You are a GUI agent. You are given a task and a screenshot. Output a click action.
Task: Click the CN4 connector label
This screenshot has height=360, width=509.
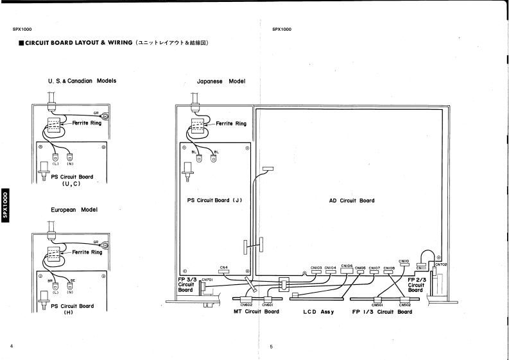click(224, 267)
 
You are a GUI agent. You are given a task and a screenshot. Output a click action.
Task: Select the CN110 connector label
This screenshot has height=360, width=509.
click(404, 261)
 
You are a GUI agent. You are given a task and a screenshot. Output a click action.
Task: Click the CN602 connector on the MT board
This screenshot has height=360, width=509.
click(246, 304)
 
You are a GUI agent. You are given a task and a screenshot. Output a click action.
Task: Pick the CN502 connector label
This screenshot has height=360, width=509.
click(404, 304)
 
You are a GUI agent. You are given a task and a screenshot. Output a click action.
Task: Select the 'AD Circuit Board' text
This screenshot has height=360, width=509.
click(347, 200)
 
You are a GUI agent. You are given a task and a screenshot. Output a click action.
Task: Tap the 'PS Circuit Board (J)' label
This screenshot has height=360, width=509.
click(214, 200)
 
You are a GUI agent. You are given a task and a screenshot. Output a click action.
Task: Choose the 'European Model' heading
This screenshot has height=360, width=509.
click(73, 210)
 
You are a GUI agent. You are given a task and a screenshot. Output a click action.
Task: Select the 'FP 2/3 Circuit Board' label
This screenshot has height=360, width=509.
click(415, 285)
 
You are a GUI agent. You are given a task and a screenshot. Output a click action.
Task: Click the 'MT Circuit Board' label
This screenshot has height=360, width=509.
click(255, 313)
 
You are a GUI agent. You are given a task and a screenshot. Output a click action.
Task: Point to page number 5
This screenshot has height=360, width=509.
click(272, 347)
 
